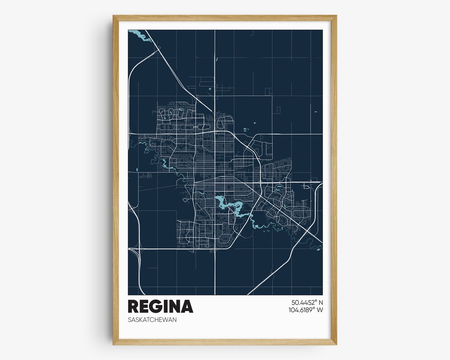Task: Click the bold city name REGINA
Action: pos(160,306)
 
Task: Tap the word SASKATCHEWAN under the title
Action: pos(152,320)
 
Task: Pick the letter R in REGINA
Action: pos(133,306)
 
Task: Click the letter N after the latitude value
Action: pos(320,302)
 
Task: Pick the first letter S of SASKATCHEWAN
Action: pos(130,320)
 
